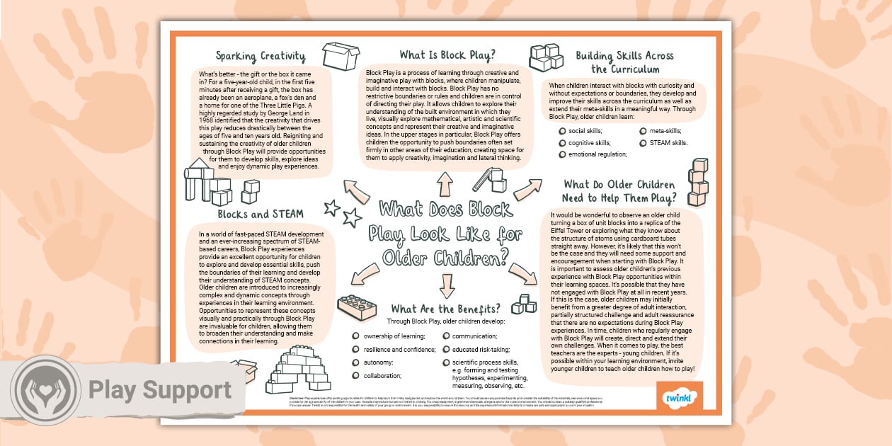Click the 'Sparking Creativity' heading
tap(261, 56)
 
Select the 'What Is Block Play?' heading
tap(446, 55)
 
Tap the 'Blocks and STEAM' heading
tap(261, 213)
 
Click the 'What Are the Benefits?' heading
tap(446, 309)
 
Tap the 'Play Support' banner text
tap(160, 390)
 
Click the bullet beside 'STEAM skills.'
tap(644, 142)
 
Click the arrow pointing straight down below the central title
tap(446, 285)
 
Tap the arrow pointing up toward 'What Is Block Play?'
tap(445, 184)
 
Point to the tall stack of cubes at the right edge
tap(697, 182)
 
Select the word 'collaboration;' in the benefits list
tap(383, 376)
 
